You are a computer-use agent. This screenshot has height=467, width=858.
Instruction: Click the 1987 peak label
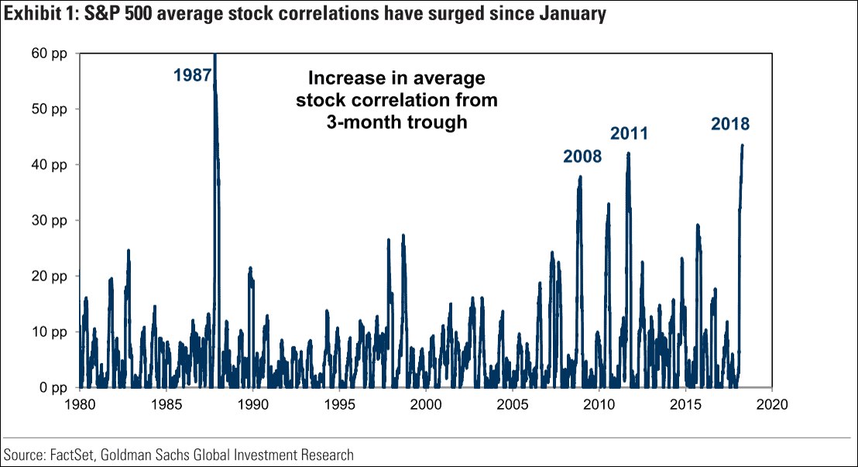tap(193, 75)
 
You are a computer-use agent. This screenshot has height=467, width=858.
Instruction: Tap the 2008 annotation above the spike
tap(582, 156)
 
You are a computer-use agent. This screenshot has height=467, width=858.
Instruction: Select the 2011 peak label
tap(629, 133)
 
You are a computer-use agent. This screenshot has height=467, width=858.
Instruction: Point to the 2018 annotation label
tap(730, 123)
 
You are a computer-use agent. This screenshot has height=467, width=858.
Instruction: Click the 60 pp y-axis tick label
tap(51, 53)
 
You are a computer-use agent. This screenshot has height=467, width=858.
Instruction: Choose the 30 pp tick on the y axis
tap(51, 220)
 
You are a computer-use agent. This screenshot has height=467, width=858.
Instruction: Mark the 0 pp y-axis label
tap(54, 387)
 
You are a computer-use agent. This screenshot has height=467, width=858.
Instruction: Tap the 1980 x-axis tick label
tap(80, 404)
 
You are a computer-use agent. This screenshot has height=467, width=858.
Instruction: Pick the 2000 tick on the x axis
tap(425, 404)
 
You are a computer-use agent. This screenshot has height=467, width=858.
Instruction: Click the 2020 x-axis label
tap(771, 404)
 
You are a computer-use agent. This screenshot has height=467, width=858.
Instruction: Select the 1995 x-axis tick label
tap(338, 404)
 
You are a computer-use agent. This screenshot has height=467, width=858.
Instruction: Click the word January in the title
tap(571, 14)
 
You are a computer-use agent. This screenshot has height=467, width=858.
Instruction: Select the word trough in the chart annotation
tap(441, 122)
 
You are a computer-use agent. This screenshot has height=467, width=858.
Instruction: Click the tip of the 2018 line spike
tap(742, 145)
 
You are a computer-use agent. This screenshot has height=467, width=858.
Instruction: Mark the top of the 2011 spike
tap(629, 153)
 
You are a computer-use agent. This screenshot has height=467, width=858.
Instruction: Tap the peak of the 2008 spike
tap(580, 177)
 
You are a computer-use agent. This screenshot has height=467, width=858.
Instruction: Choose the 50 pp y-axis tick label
tap(51, 109)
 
